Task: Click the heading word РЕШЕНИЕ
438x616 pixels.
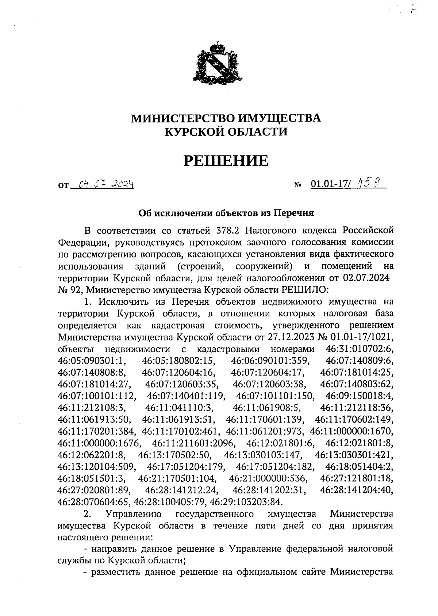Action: [x=226, y=161]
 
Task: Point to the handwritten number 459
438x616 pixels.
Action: [x=366, y=182]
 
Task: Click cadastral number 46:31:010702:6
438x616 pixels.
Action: [x=359, y=348]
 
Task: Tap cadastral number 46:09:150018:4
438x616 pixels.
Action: [x=359, y=396]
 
